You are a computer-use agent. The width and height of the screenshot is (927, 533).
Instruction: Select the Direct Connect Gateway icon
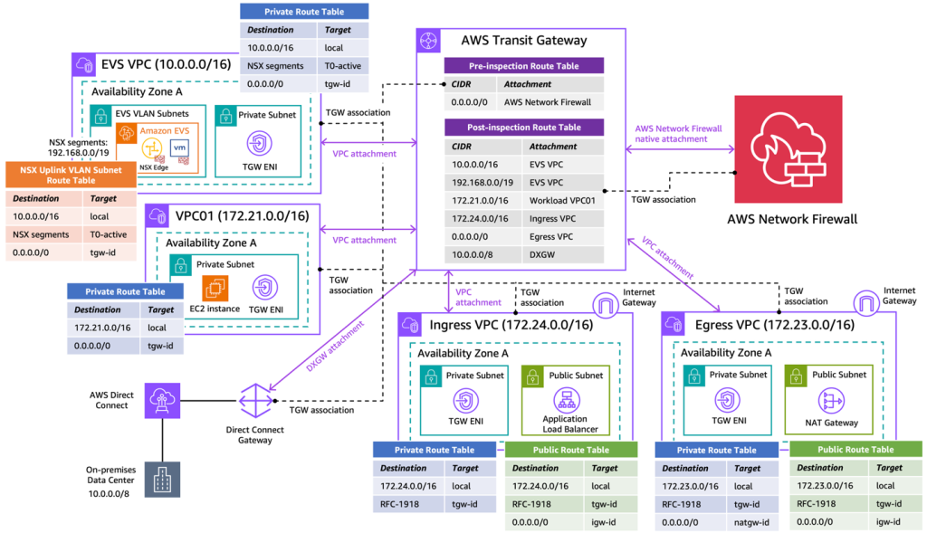tap(255, 399)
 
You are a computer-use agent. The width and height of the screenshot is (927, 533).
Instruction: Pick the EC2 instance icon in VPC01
tap(215, 288)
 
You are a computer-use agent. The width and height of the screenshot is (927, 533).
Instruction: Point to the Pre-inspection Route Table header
tap(524, 66)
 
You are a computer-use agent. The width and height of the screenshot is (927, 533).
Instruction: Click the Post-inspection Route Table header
tap(524, 128)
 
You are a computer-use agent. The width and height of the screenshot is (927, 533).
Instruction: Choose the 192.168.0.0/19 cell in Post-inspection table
tap(480, 182)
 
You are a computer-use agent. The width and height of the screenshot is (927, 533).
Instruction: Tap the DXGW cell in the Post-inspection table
tap(542, 254)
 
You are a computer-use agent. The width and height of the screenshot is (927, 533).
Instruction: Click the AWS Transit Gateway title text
tap(523, 40)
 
